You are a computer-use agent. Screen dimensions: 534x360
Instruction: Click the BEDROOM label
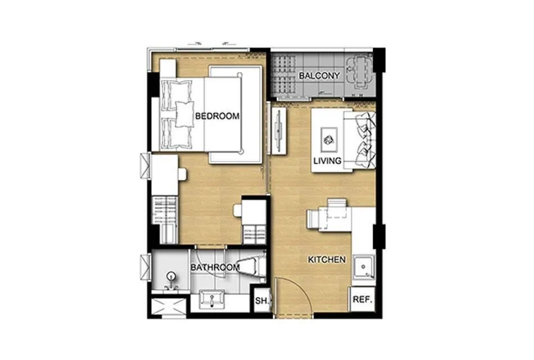click(218, 116)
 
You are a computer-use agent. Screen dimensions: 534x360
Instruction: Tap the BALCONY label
click(319, 76)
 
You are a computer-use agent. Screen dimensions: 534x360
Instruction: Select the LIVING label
click(327, 160)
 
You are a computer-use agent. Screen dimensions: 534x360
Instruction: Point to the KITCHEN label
click(327, 260)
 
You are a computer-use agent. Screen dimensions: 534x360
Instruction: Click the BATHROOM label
click(215, 267)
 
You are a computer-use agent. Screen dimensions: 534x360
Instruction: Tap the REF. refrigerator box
click(363, 299)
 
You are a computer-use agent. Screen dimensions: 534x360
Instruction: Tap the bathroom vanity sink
click(212, 300)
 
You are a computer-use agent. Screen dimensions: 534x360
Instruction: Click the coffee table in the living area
click(329, 139)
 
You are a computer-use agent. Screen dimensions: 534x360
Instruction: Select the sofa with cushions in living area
click(360, 139)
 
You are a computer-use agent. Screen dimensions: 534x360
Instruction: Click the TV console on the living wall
click(279, 130)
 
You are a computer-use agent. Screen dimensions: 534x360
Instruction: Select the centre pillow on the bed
click(184, 114)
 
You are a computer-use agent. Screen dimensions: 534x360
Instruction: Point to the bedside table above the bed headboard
click(168, 68)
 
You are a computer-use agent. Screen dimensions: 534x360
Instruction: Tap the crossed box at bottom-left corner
click(169, 307)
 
